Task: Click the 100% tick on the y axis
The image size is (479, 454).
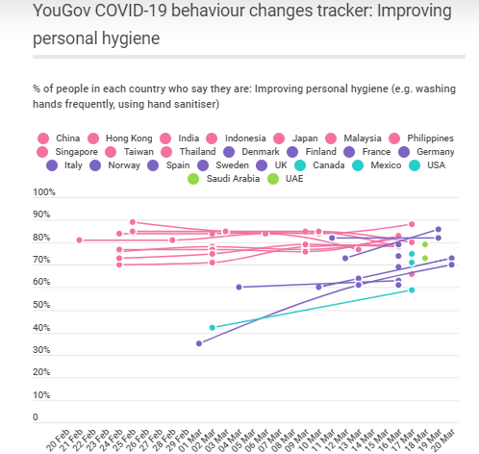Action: click(x=45, y=192)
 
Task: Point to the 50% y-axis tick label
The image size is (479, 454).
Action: click(x=45, y=306)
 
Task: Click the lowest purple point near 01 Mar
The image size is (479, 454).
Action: click(x=199, y=343)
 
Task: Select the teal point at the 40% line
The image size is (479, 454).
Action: click(x=213, y=328)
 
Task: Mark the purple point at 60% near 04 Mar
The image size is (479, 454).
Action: click(x=239, y=287)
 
